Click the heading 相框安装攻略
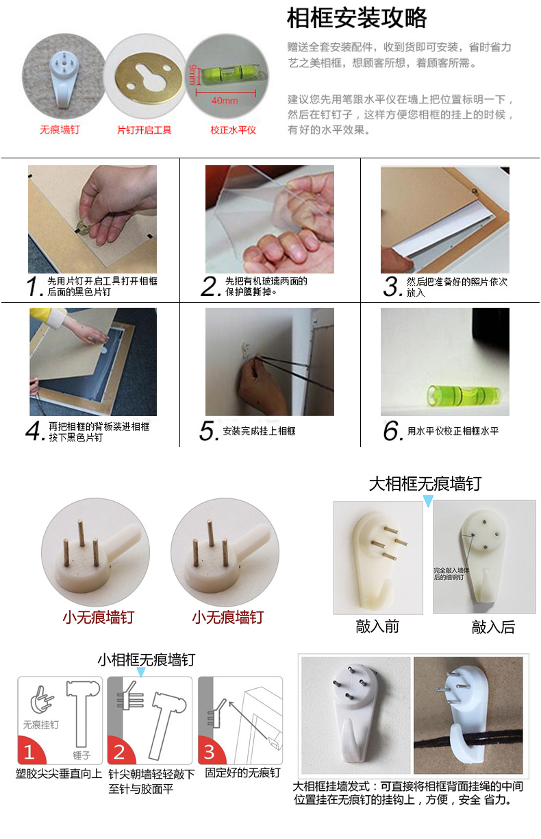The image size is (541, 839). point(356,19)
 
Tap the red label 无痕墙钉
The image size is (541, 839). point(59,129)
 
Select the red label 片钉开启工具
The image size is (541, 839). point(144,130)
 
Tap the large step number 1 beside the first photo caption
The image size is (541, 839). point(34,287)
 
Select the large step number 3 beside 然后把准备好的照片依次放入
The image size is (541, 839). point(391,287)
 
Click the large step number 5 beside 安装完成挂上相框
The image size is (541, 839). point(208,431)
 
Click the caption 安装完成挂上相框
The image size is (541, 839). point(259,431)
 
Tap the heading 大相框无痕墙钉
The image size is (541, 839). point(425,484)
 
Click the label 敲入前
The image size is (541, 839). point(377,627)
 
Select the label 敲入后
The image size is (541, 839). point(493,627)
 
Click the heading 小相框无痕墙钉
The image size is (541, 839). point(146,659)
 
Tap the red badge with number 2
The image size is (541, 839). point(119,752)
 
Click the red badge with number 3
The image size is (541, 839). point(209,752)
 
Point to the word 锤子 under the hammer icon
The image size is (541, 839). point(80,755)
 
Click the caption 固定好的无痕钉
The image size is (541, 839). point(242,773)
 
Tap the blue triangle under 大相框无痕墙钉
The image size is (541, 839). point(428,502)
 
